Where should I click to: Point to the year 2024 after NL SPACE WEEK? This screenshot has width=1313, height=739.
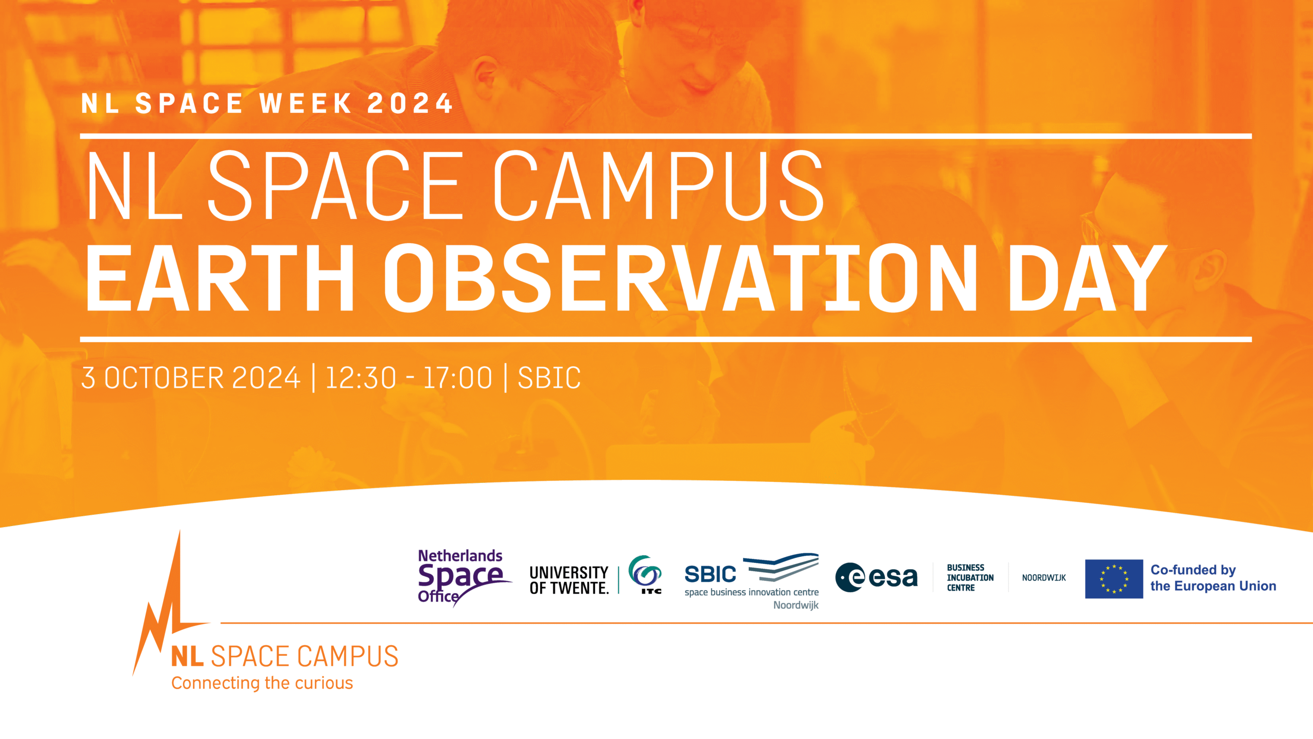click(410, 103)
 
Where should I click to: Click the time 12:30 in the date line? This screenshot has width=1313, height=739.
click(361, 378)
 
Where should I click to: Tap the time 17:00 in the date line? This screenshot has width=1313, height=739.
click(458, 378)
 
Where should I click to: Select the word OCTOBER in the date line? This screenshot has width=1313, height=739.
click(164, 378)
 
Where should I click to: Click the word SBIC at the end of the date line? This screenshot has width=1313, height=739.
click(549, 378)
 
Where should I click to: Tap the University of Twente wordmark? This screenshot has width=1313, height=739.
click(569, 580)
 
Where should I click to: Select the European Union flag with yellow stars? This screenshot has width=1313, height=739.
click(1114, 579)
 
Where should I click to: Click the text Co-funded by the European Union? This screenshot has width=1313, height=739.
click(1213, 578)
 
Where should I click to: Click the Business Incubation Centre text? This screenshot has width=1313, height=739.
click(970, 577)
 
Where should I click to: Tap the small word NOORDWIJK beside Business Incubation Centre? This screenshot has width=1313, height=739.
click(1044, 578)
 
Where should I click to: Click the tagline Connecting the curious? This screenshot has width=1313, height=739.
click(262, 683)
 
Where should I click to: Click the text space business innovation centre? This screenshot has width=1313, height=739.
click(751, 592)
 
